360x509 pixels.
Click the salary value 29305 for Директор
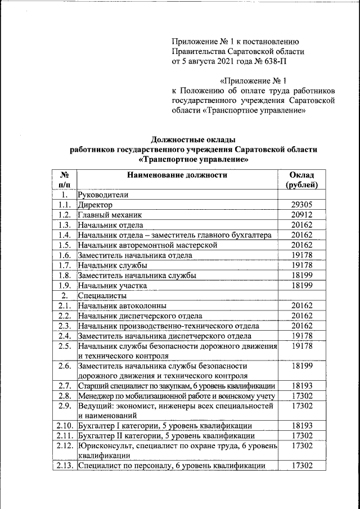click(x=302, y=205)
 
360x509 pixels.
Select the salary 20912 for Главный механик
click(x=302, y=215)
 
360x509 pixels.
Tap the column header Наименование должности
click(x=177, y=175)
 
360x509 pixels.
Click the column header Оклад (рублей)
click(x=302, y=179)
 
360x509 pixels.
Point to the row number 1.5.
click(x=65, y=245)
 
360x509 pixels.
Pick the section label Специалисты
click(x=102, y=295)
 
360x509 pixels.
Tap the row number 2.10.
click(x=65, y=425)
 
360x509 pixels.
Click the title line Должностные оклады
click(x=193, y=139)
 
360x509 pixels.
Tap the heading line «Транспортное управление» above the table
click(x=193, y=160)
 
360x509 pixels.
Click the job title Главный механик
click(x=110, y=215)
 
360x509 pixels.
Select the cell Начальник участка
click(x=112, y=285)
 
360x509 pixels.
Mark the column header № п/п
click(x=65, y=179)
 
